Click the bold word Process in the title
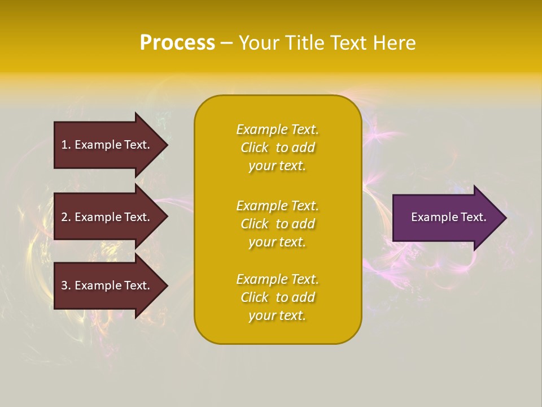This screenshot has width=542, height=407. click(x=177, y=43)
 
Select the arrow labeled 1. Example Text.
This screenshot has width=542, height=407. click(x=106, y=145)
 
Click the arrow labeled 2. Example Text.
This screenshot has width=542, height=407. click(x=106, y=217)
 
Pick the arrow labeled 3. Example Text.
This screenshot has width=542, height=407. click(x=106, y=285)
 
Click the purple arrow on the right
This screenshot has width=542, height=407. click(x=446, y=217)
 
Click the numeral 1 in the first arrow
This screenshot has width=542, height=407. click(x=64, y=145)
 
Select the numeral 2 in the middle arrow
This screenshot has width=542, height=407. click(x=64, y=217)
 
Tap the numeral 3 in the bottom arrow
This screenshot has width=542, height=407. click(x=64, y=285)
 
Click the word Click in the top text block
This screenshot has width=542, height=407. click(x=255, y=148)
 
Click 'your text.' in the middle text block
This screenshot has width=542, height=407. click(x=277, y=242)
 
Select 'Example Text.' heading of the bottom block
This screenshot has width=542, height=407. click(x=277, y=279)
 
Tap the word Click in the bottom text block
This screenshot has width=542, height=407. click(x=255, y=297)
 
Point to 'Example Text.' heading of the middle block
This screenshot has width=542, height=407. click(x=277, y=206)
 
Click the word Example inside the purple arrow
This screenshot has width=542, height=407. click(x=431, y=217)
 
